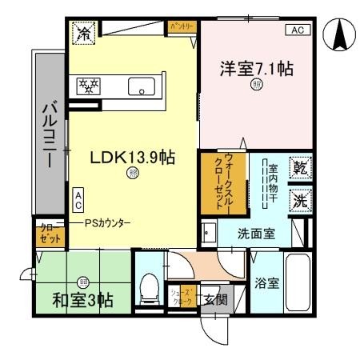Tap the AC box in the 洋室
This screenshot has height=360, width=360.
tap(295, 30)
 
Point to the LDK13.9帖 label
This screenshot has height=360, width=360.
tap(132, 158)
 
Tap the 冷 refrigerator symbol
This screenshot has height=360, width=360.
tap(83, 34)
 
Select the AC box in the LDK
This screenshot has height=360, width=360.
tap(78, 198)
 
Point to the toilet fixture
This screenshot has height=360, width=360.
tap(149, 288)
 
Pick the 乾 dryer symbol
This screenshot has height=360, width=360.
tap(298, 168)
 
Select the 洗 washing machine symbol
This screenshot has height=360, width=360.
tap(298, 201)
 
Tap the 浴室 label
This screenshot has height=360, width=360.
tap(266, 283)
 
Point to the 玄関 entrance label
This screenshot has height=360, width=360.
tap(214, 301)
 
